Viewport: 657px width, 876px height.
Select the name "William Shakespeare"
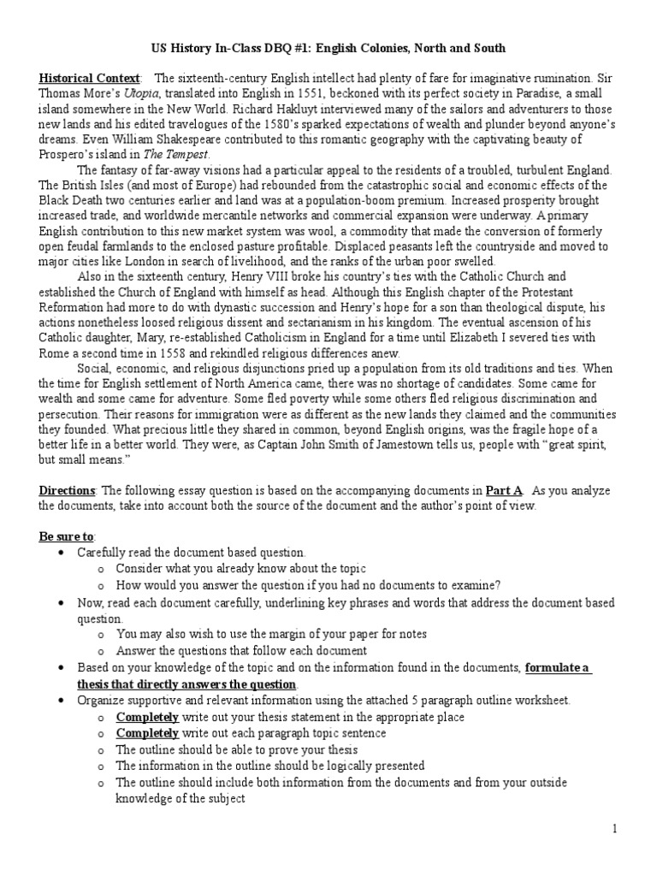point(188,139)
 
